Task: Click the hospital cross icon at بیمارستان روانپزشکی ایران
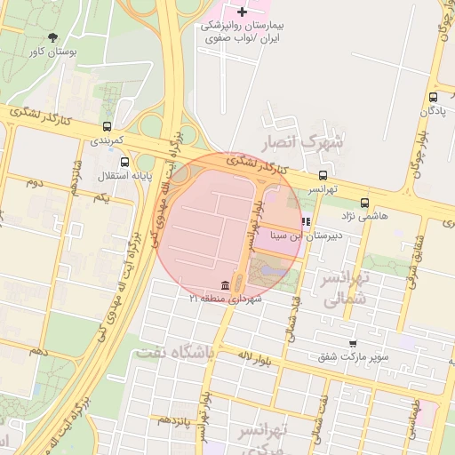point(243,12)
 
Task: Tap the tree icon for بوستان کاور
point(53,37)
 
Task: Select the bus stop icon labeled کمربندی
point(108,126)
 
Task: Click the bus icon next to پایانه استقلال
point(124,162)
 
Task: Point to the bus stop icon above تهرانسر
point(323,176)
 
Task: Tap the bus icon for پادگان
point(433,98)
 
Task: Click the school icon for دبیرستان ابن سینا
point(307,222)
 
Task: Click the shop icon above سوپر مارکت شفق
point(353,344)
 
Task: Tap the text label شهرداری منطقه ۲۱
point(226,299)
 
